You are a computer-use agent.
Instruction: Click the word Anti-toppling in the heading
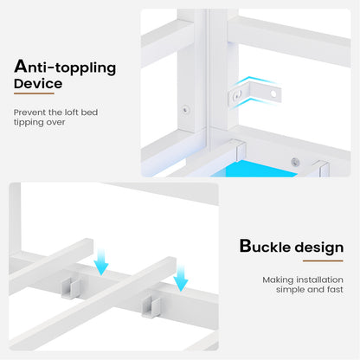65,67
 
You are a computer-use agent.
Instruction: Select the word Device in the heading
38,84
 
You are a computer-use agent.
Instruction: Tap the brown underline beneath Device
34,93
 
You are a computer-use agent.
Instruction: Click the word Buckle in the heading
265,247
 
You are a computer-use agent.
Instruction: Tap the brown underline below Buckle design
323,261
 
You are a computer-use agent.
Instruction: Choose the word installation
319,280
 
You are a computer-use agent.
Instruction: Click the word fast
335,289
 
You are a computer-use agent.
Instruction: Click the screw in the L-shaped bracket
238,95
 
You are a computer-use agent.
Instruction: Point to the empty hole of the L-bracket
273,93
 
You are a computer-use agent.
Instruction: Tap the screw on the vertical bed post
185,110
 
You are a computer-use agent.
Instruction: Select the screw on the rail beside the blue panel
295,162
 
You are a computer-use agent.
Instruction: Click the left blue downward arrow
101,261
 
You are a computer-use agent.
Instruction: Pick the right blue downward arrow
181,278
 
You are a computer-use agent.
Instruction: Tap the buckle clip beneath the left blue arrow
70,287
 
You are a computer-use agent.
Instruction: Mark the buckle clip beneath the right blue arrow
151,307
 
